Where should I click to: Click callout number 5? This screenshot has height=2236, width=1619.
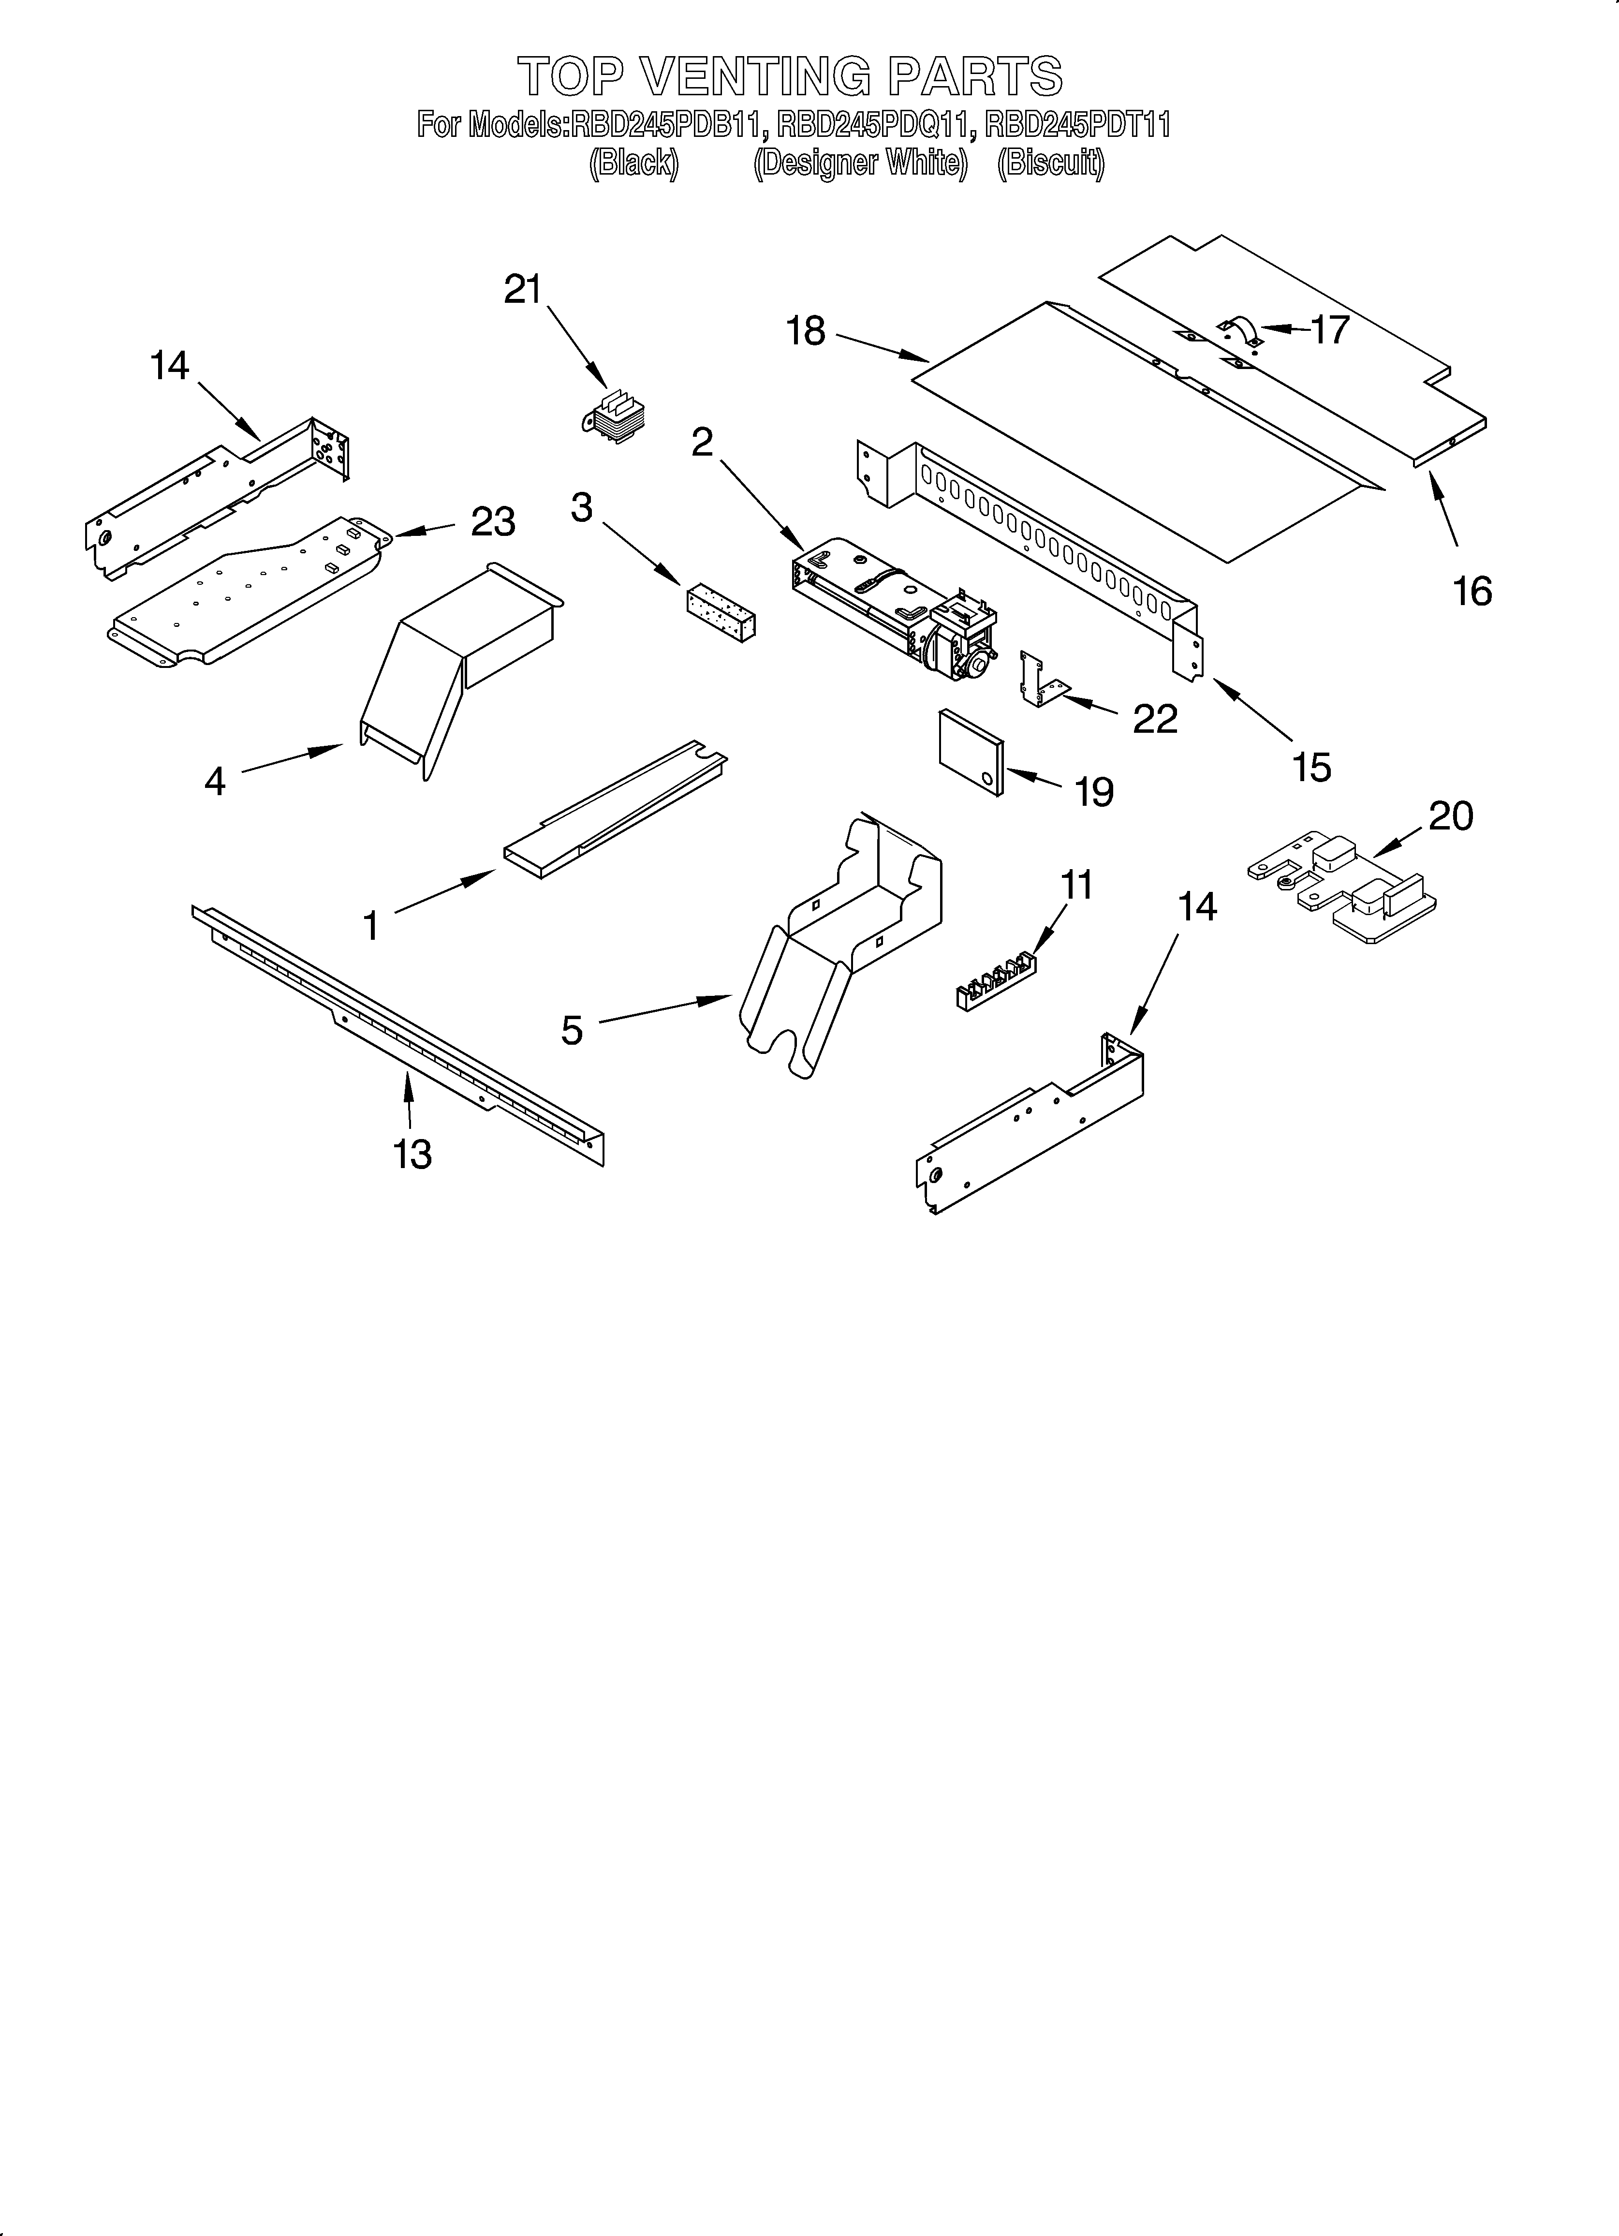point(572,1030)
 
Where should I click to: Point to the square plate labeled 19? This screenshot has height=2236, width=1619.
point(971,752)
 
